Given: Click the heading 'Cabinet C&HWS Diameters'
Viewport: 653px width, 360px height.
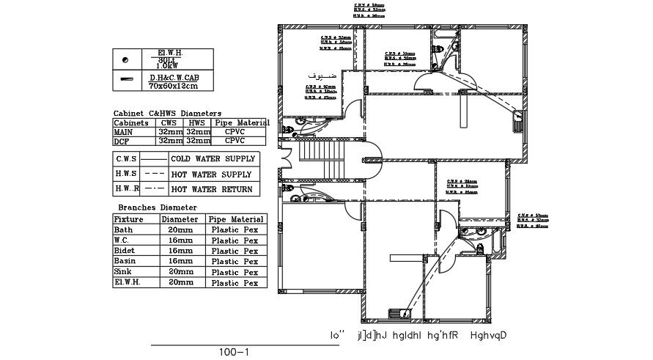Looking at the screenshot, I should [167, 113].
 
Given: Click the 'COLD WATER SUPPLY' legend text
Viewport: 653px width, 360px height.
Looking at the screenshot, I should [213, 158].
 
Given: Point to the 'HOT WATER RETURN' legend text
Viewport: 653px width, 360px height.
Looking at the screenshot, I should [213, 189].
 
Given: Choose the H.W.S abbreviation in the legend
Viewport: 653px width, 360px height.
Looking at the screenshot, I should [126, 174].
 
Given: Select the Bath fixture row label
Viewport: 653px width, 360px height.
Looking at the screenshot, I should [124, 229].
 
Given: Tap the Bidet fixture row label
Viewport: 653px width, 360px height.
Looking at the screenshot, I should [125, 250].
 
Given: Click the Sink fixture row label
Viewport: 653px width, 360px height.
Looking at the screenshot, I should [124, 271].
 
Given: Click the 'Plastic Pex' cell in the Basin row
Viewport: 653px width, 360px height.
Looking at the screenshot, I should [235, 261].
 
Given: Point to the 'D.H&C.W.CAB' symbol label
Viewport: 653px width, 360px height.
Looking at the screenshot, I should [174, 77].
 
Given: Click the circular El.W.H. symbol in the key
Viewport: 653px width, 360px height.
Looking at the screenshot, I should [125, 59].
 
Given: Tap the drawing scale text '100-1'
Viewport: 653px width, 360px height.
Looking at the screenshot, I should [234, 352].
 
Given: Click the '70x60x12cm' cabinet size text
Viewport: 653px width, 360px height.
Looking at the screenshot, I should [174, 86].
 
